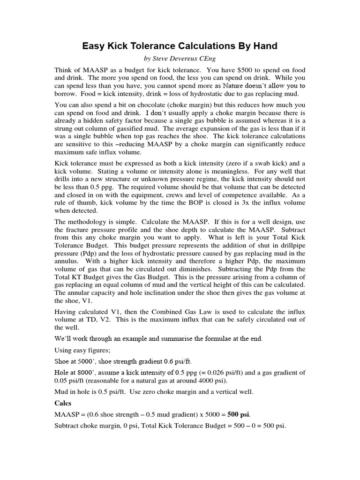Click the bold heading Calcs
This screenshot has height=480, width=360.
(x=63, y=403)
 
